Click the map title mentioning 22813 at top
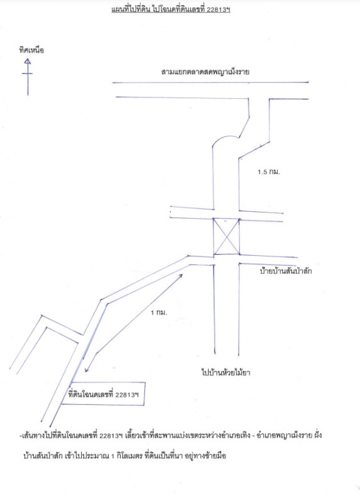(x=171, y=9)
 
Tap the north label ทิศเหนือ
(x=31, y=50)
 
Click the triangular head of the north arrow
(x=28, y=61)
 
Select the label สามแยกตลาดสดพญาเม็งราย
(x=205, y=72)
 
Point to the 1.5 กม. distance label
(x=269, y=172)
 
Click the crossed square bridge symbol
(x=226, y=236)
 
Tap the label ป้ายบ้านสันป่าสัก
(x=286, y=271)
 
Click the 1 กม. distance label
(x=159, y=312)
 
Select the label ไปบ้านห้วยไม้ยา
(x=226, y=372)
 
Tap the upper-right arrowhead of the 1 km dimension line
(x=181, y=275)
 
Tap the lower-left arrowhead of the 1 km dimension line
(x=87, y=370)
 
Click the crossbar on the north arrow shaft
(x=27, y=74)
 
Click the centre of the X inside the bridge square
(x=226, y=237)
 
